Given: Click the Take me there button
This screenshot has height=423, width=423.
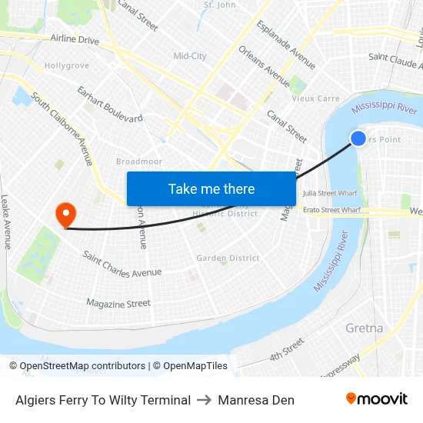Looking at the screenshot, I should pyautogui.click(x=211, y=188).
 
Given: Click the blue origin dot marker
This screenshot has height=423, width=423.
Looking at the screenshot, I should pyautogui.click(x=358, y=138).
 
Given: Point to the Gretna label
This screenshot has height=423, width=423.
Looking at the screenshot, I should pyautogui.click(x=364, y=328).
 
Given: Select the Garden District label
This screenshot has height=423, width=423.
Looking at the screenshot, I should pyautogui.click(x=228, y=258).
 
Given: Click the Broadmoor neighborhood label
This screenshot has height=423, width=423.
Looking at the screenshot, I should pyautogui.click(x=138, y=162).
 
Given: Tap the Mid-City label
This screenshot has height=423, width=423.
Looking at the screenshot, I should pyautogui.click(x=190, y=56).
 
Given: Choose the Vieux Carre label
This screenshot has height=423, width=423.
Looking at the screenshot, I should pyautogui.click(x=315, y=98).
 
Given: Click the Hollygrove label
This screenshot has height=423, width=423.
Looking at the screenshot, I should pyautogui.click(x=67, y=66).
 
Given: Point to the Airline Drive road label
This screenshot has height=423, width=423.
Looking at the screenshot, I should pyautogui.click(x=75, y=39).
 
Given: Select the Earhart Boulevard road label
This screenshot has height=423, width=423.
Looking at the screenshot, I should pyautogui.click(x=110, y=104).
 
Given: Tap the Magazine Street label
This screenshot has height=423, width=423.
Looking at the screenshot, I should pyautogui.click(x=118, y=304).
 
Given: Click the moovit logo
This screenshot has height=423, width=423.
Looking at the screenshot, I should pyautogui.click(x=377, y=399).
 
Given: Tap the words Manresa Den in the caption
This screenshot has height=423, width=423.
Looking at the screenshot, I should pyautogui.click(x=256, y=400).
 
